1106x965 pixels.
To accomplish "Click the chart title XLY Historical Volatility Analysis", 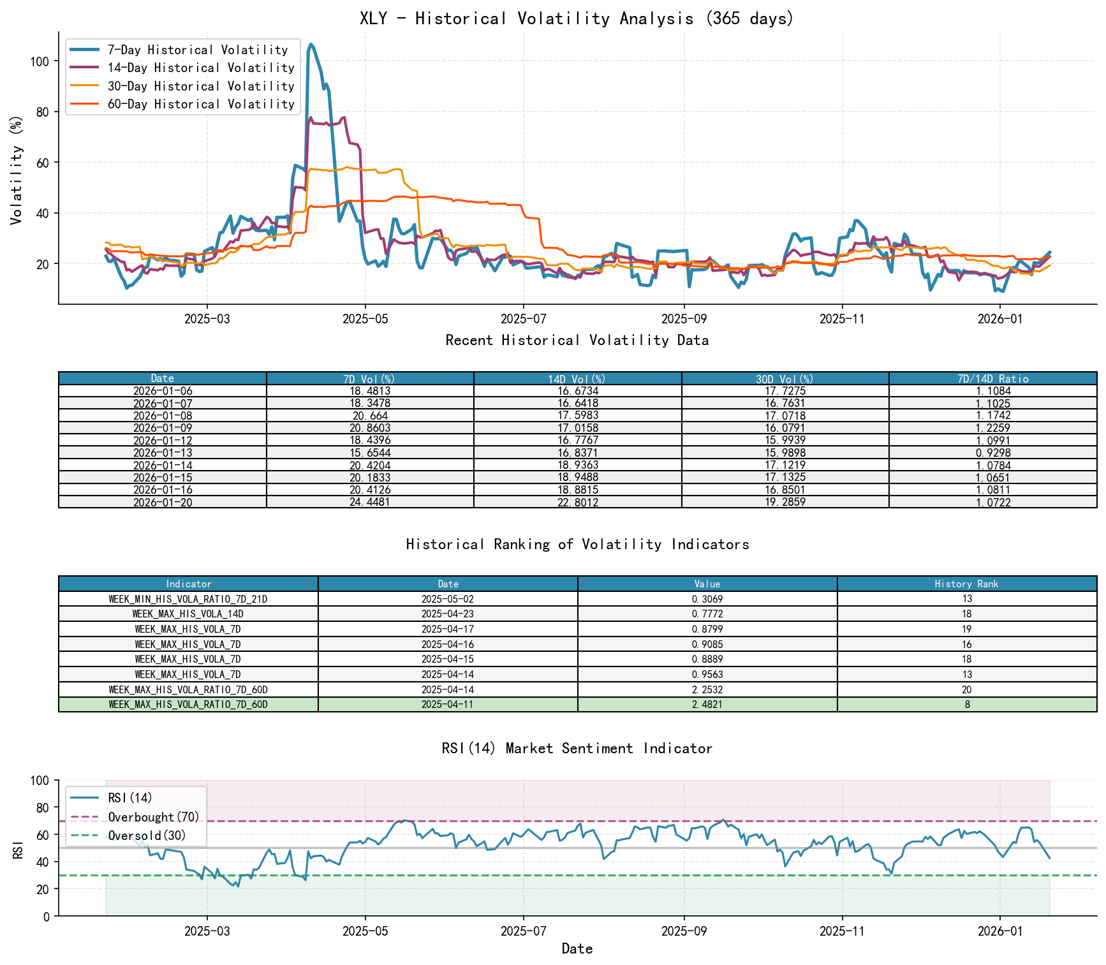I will (577, 18).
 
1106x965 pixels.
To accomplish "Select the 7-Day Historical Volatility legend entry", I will (198, 50).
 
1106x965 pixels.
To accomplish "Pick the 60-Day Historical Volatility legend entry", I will (201, 104).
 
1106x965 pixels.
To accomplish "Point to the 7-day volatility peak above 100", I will (311, 45).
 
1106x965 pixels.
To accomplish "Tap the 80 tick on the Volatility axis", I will (40, 112).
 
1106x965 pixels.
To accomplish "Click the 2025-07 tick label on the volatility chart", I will (523, 320).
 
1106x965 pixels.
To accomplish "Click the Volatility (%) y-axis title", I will (16, 170).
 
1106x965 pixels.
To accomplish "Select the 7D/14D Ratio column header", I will (992, 379).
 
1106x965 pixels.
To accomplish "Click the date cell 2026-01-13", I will (163, 453).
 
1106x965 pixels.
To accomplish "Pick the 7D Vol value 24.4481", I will (370, 502).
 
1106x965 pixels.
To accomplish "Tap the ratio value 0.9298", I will (992, 453).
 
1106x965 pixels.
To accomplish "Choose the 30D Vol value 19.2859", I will (785, 502).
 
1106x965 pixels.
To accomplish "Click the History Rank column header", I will (966, 584).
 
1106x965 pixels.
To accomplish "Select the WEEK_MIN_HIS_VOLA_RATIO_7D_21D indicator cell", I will (188, 599).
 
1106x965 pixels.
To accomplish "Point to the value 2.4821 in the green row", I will (707, 704).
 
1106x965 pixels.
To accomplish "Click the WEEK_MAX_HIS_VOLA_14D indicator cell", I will (188, 614).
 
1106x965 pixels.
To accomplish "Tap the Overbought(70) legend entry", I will (153, 817).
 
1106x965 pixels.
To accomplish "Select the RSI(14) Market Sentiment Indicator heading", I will (577, 748).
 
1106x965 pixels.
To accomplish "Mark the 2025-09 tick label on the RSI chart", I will (684, 931).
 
